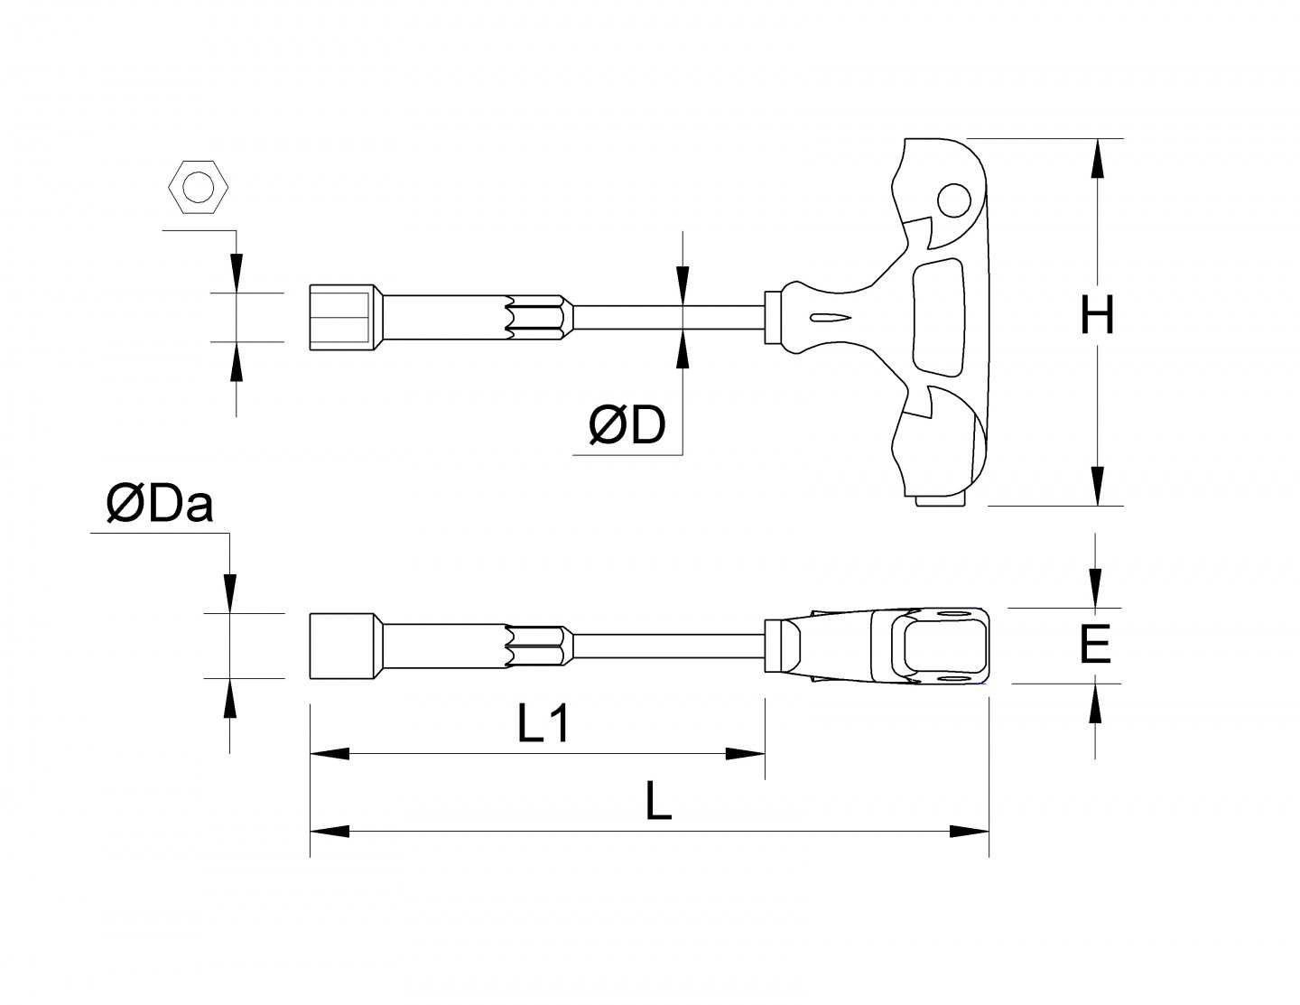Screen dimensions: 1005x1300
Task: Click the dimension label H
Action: click(x=1098, y=318)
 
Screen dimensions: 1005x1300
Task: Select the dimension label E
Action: click(x=1095, y=646)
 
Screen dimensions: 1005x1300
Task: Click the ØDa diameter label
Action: click(x=159, y=505)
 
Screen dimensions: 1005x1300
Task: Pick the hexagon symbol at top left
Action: click(x=198, y=188)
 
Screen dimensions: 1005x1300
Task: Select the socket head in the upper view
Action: click(x=341, y=318)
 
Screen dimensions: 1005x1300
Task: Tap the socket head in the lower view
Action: click(x=342, y=646)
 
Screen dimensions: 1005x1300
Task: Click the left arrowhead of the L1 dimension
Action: click(x=330, y=753)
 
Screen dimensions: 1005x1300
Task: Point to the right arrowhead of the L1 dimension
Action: click(x=746, y=753)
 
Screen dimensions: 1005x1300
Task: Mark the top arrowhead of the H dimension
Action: click(x=1098, y=159)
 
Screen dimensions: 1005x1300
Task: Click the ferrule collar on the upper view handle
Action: click(x=773, y=318)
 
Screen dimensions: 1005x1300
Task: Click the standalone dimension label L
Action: click(x=660, y=801)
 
